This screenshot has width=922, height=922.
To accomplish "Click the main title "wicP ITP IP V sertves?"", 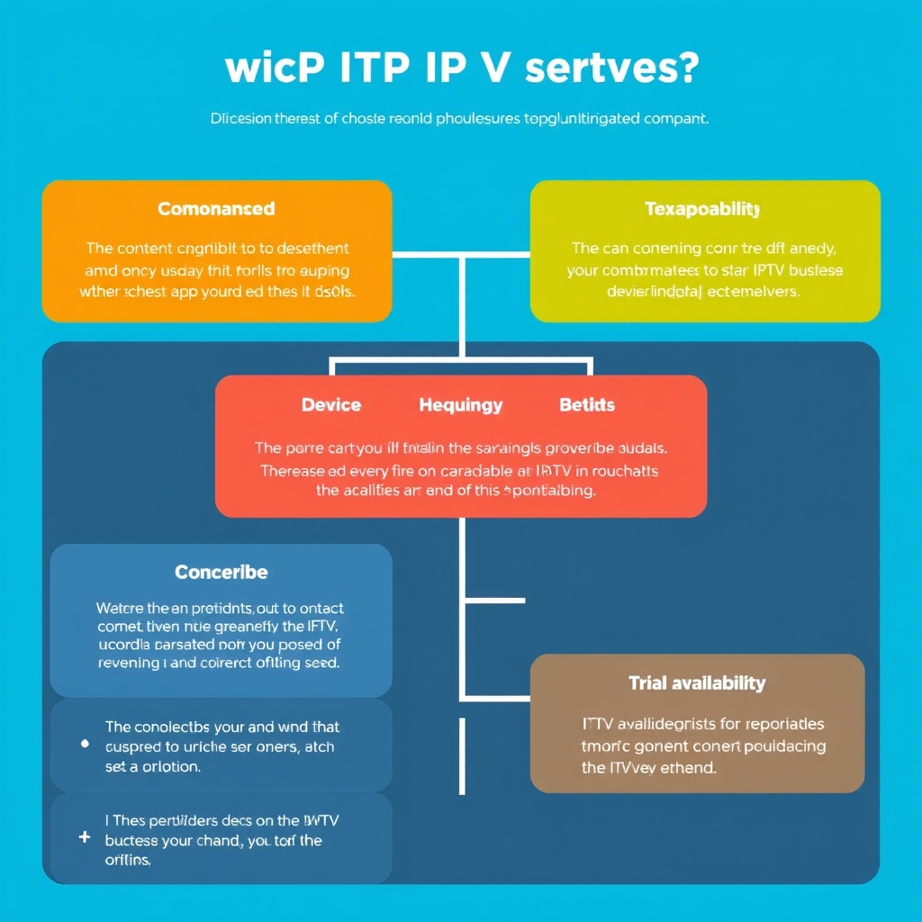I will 460,70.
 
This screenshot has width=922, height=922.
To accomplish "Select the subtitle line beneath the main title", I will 460,118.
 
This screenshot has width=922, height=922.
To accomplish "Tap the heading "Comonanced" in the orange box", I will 216,209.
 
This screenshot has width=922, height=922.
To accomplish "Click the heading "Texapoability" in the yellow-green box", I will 702,210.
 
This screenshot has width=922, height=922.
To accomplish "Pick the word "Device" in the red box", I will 331,405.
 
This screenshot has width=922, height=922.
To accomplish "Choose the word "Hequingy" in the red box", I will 460,405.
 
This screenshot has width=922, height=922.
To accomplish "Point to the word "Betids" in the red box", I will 587,405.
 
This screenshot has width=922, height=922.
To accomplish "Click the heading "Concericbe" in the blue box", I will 221,573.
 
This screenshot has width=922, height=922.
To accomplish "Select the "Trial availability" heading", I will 697,683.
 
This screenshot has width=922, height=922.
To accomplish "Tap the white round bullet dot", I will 85,745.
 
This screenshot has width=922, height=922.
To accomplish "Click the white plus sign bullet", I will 85,836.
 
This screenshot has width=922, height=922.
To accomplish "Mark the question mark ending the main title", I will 688,70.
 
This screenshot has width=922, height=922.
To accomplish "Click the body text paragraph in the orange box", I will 217,269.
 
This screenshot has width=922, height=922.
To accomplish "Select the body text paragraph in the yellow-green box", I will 705,269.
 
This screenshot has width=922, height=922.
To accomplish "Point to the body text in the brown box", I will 703,746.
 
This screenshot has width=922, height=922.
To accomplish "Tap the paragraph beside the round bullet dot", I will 222,746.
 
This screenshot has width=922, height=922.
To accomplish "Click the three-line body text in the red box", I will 460,469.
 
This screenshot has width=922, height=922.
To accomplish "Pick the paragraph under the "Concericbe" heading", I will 221,635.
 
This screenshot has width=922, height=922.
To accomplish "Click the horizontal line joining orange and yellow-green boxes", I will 460,255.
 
